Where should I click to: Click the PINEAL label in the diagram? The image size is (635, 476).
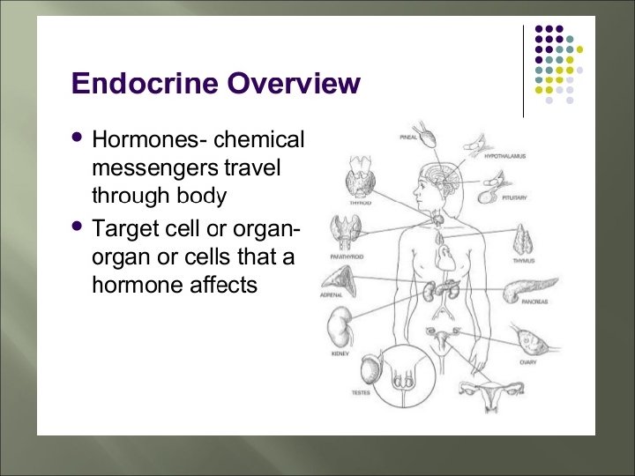[x=408, y=138]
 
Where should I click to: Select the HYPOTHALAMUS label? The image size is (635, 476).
[x=505, y=155]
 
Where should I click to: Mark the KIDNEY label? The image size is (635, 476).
[x=340, y=353]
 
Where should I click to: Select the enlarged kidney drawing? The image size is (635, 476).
[x=340, y=331]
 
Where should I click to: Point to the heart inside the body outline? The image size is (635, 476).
[x=447, y=257]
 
